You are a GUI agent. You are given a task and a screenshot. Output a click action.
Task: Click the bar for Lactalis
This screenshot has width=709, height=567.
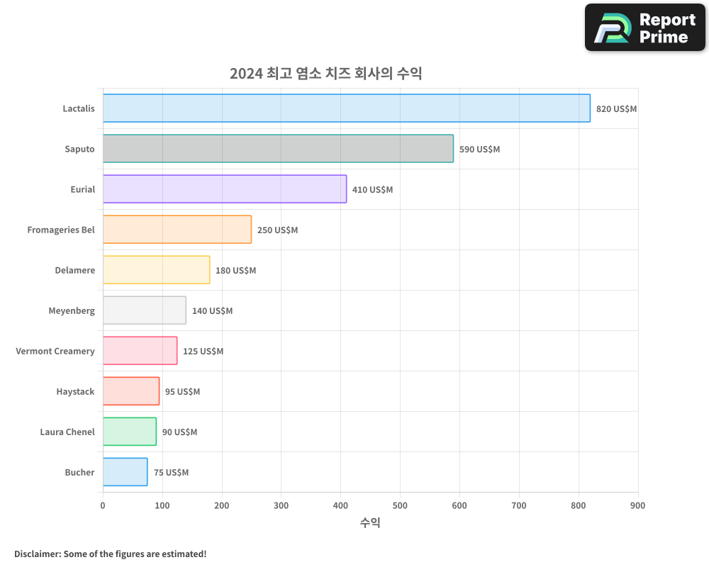(346, 108)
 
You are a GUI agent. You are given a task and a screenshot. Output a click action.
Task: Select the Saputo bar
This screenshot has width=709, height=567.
(278, 149)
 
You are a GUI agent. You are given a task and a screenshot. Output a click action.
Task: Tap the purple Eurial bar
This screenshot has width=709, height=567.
(224, 189)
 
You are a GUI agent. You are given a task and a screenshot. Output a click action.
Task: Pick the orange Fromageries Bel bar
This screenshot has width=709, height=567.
(177, 230)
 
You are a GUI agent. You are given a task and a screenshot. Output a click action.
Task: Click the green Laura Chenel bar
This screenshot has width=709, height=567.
(129, 432)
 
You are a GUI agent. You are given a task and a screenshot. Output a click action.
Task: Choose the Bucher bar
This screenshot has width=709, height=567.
(125, 472)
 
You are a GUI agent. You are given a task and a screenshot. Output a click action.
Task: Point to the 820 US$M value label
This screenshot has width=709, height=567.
(616, 109)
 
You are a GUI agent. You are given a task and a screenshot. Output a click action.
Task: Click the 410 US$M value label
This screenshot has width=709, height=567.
(372, 190)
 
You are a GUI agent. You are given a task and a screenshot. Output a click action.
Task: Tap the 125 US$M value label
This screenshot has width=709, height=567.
(203, 352)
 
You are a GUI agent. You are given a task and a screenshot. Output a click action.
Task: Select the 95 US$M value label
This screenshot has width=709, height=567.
(182, 392)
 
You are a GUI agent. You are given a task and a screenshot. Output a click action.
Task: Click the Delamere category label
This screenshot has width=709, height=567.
(74, 270)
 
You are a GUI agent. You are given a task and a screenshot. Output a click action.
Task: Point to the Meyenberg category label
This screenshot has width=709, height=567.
(71, 310)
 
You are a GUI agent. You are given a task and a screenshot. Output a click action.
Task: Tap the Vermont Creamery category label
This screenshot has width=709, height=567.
(55, 351)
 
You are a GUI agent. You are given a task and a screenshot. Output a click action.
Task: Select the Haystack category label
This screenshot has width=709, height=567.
(75, 391)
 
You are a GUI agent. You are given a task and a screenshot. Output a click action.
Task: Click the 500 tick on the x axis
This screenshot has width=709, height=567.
(400, 505)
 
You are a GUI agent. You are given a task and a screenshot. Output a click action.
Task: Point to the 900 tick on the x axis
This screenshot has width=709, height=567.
(637, 505)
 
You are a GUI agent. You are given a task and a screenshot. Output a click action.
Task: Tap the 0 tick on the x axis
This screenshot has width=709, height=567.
(103, 505)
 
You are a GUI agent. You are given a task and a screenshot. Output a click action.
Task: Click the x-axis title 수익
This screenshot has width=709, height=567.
(370, 523)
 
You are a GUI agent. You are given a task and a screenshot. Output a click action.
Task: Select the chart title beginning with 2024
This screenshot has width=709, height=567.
(325, 73)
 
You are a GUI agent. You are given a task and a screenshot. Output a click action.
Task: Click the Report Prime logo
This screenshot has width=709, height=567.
(645, 28)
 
